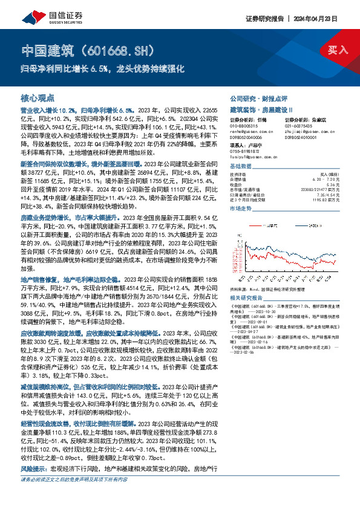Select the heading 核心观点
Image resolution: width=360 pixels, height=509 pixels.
coord(38,97)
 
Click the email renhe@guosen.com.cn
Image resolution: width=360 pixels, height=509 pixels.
coord(248,130)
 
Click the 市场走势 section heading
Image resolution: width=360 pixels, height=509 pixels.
coord(242,207)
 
